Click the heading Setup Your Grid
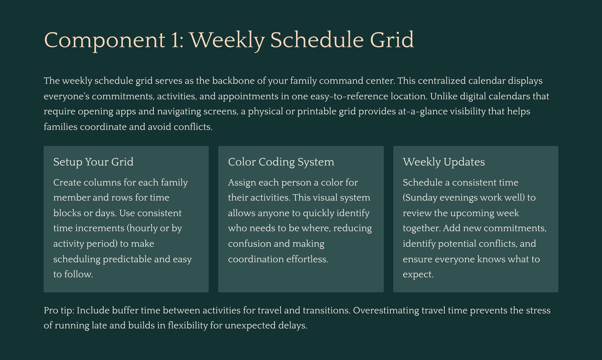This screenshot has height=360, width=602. (93, 162)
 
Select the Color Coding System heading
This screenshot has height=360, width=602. (281, 162)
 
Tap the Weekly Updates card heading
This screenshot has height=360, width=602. (444, 162)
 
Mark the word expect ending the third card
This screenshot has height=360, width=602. (418, 275)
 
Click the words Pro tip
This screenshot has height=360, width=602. (59, 311)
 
